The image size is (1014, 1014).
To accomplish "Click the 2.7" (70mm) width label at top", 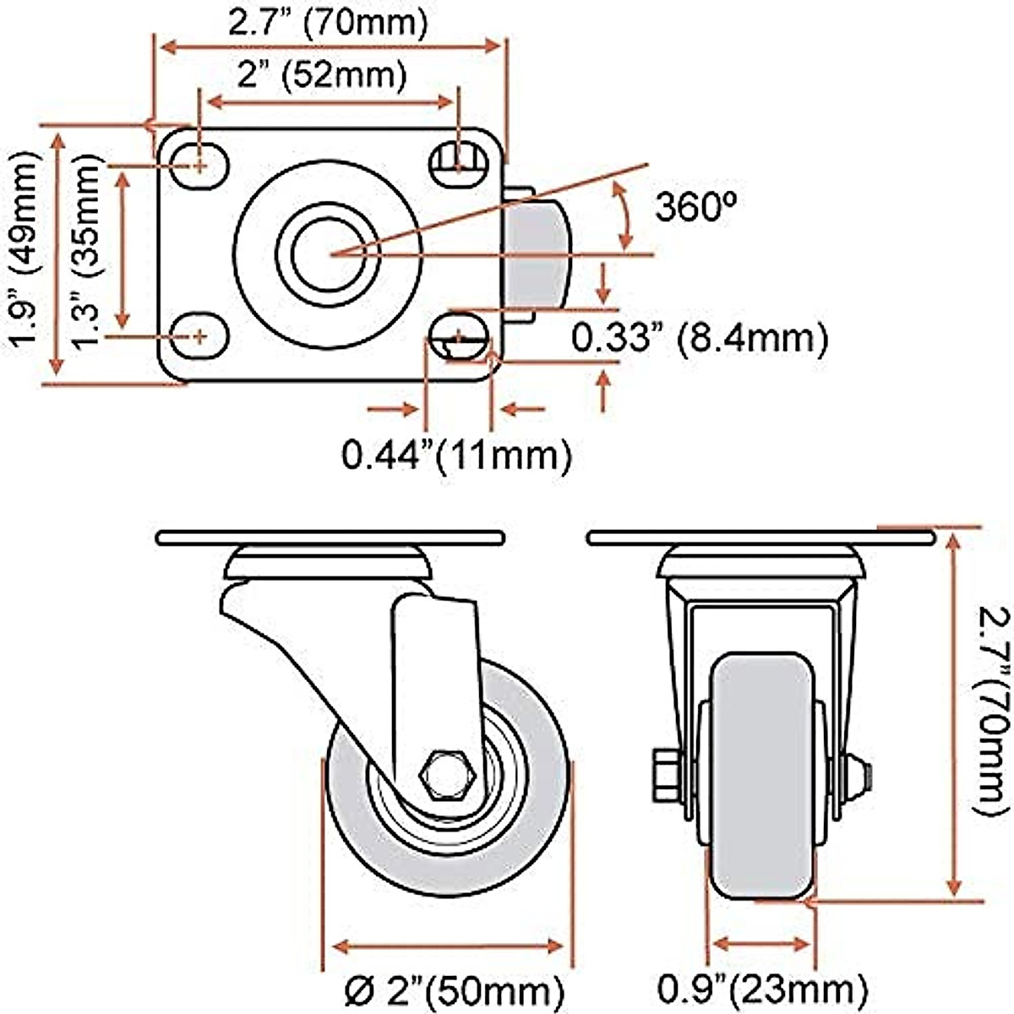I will click(x=328, y=22).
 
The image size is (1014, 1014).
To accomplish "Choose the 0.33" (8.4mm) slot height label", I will click(x=699, y=339).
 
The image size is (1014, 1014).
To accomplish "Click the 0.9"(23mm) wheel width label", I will click(x=762, y=986).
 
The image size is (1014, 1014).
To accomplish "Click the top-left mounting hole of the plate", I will click(x=199, y=165).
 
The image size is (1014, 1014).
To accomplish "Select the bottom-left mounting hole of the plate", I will click(x=199, y=335).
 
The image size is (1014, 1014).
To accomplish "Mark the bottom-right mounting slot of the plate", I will click(x=459, y=336).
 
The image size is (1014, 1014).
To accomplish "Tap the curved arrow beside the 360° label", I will click(x=624, y=215).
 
